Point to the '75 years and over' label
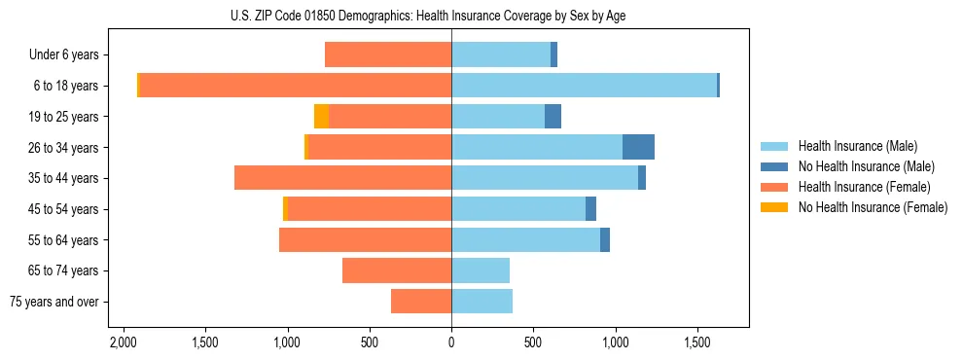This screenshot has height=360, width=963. [x=54, y=302]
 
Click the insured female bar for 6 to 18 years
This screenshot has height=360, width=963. [x=295, y=86]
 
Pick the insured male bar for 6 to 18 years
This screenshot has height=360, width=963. [x=584, y=86]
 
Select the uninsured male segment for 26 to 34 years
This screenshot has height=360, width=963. [x=638, y=147]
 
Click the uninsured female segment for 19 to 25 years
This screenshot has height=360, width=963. [x=321, y=117]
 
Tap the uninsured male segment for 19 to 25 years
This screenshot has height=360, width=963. [x=553, y=117]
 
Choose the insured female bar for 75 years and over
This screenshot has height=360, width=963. [x=421, y=302]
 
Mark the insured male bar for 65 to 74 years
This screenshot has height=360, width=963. [x=481, y=270]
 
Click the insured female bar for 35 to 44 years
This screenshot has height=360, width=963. [x=342, y=178]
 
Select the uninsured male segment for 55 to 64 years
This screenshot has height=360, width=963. [x=605, y=239]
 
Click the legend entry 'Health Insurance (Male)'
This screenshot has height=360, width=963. [x=857, y=146]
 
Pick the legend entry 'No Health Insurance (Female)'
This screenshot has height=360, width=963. [x=873, y=207]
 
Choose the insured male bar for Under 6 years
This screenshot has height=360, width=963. [x=501, y=54]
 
